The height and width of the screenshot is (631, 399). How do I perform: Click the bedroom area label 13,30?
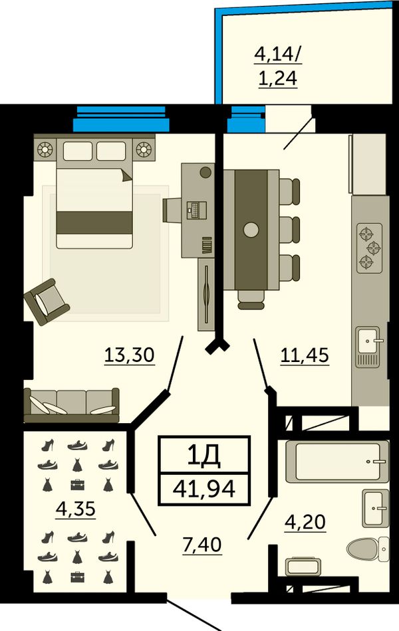click(x=129, y=355)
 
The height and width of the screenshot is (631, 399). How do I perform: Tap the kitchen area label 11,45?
click(x=305, y=355)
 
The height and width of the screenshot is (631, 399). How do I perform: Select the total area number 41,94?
click(x=204, y=488)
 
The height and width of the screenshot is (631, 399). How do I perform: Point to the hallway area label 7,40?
click(x=202, y=545)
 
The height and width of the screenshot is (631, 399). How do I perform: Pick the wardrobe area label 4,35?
click(x=76, y=509)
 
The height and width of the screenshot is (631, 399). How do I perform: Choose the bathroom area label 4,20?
click(x=305, y=522)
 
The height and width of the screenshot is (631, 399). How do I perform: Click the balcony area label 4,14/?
click(x=278, y=54)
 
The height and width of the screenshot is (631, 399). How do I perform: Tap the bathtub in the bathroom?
click(x=337, y=461)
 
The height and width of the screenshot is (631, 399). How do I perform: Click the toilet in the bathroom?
click(x=368, y=549)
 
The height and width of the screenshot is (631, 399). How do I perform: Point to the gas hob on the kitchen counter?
click(x=370, y=248)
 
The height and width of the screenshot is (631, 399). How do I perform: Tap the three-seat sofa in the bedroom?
click(x=71, y=405)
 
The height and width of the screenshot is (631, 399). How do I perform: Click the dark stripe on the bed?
click(x=94, y=223)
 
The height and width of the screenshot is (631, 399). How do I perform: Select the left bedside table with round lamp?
click(x=45, y=149)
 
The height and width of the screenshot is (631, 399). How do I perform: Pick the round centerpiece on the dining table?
click(x=251, y=230)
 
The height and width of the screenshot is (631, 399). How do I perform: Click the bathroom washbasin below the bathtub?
click(x=376, y=508)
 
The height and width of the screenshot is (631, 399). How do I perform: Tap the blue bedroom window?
click(x=121, y=119)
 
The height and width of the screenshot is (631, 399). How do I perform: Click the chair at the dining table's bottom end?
click(x=251, y=300)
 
